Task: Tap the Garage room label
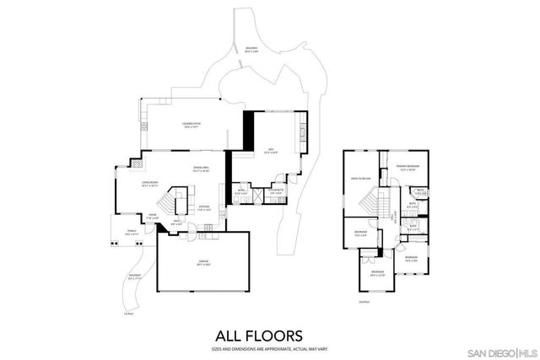point(203,263)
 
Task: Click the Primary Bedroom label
point(410,169)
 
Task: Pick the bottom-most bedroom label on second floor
point(378,272)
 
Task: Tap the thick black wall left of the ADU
point(248,132)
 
